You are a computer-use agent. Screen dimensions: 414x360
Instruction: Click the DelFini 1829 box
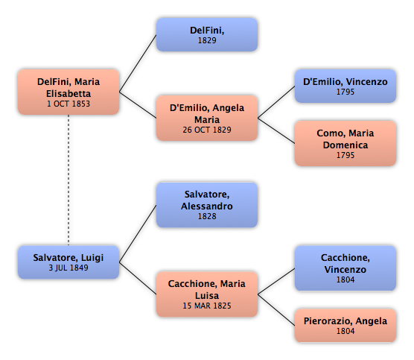click(x=207, y=34)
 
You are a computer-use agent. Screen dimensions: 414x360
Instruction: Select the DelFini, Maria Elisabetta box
click(x=69, y=92)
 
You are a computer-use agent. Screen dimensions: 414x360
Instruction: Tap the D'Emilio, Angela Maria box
click(x=207, y=118)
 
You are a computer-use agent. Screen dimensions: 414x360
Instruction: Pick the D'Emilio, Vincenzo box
click(x=345, y=86)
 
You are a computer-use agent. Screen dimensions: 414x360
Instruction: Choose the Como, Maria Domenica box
click(x=345, y=144)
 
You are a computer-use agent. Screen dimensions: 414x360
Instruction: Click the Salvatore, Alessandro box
click(x=207, y=205)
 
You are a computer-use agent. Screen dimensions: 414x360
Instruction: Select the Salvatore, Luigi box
click(x=69, y=262)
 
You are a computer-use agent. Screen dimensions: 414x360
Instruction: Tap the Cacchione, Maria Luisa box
click(x=207, y=294)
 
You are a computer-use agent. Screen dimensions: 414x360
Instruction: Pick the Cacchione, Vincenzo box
click(x=345, y=268)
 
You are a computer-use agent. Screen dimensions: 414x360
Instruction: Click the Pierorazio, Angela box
click(x=345, y=326)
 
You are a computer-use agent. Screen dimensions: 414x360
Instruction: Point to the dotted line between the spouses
click(x=69, y=180)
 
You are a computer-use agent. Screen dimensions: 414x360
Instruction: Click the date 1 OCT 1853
click(x=69, y=104)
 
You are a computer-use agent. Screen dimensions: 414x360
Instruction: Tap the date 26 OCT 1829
click(x=207, y=130)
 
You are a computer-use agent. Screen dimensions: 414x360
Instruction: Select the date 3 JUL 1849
click(x=69, y=268)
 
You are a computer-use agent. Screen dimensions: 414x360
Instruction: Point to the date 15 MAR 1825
click(x=207, y=306)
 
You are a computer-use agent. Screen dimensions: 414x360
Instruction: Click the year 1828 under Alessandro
click(x=207, y=216)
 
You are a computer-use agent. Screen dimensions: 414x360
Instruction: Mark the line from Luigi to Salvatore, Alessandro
click(x=138, y=233)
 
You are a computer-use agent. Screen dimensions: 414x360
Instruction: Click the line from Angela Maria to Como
click(x=276, y=131)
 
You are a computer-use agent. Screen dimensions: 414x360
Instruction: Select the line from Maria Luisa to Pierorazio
click(x=276, y=310)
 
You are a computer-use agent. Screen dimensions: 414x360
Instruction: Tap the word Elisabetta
click(x=69, y=94)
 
